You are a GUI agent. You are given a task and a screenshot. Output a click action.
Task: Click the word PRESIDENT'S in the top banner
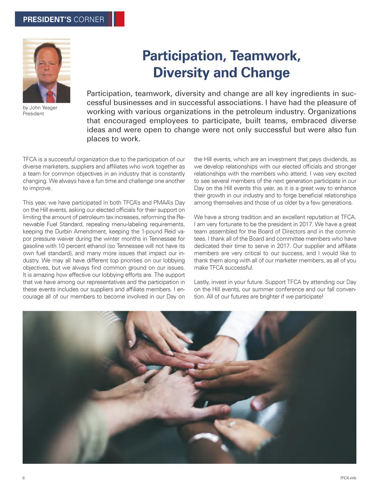pyautogui.click(x=47, y=20)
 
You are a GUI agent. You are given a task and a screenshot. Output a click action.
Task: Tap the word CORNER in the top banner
pyautogui.click(x=89, y=20)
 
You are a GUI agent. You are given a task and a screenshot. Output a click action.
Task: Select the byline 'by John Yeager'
pyautogui.click(x=40, y=108)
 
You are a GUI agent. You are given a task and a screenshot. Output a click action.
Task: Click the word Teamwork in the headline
pyautogui.click(x=265, y=56)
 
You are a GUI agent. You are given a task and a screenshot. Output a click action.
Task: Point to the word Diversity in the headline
pyautogui.click(x=181, y=73)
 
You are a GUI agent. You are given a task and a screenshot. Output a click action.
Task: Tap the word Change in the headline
pyautogui.click(x=265, y=73)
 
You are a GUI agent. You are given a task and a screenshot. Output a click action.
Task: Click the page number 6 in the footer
pyautogui.click(x=24, y=478)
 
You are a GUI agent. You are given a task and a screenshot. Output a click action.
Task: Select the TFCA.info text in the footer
pyautogui.click(x=348, y=478)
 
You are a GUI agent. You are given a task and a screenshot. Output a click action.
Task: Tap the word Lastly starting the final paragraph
pyautogui.click(x=202, y=282)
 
